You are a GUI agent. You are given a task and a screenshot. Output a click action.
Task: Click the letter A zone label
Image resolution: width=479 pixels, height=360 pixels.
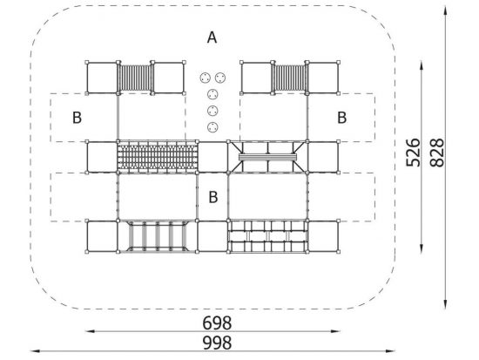pyautogui.click(x=212, y=37)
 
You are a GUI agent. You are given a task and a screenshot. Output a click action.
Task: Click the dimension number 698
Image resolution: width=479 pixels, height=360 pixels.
pyautogui.click(x=217, y=323)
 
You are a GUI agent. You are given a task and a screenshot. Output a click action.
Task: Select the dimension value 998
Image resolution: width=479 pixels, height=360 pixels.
pyautogui.click(x=217, y=343)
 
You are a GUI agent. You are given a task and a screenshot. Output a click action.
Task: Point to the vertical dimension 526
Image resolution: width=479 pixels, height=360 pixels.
pyautogui.click(x=413, y=153)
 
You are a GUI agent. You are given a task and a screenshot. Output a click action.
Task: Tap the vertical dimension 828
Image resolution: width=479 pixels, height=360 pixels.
pyautogui.click(x=437, y=153)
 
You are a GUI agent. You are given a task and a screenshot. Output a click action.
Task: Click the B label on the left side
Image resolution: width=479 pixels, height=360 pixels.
pyautogui.click(x=77, y=118)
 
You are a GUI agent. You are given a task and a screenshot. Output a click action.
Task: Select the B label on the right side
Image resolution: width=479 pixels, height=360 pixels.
pyautogui.click(x=342, y=118)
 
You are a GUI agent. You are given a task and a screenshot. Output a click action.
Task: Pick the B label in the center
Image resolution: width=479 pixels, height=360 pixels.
pyautogui.click(x=213, y=197)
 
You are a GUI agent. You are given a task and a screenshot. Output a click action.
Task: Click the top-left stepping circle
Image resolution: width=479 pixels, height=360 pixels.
pyautogui.click(x=206, y=78)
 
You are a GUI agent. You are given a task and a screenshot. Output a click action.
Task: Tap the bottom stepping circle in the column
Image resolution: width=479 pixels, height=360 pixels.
pyautogui.click(x=213, y=127)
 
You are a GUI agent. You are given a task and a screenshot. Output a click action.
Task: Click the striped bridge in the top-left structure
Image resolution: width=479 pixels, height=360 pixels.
pyautogui.click(x=135, y=78)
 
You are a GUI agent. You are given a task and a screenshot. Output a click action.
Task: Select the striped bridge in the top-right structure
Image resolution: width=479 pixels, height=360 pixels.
pyautogui.click(x=290, y=78)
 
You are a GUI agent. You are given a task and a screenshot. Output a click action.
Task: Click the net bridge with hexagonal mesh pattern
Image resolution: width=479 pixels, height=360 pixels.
pyautogui.click(x=158, y=157)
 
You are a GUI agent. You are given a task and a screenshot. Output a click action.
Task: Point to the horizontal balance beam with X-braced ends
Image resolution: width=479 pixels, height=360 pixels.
pyautogui.click(x=267, y=157)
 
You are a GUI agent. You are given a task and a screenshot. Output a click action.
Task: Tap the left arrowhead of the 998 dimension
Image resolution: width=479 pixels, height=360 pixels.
pyautogui.click(x=35, y=351)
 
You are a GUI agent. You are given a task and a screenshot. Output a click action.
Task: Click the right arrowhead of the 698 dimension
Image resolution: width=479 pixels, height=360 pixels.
pyautogui.click(x=335, y=331)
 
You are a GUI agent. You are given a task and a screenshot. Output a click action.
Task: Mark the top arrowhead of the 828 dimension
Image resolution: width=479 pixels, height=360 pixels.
pyautogui.click(x=446, y=10)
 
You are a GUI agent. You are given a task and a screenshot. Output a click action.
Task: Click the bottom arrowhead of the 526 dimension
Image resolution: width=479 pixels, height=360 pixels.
pyautogui.click(x=422, y=248)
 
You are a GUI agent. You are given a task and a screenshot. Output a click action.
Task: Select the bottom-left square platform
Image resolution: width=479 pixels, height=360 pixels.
pyautogui.click(x=103, y=236)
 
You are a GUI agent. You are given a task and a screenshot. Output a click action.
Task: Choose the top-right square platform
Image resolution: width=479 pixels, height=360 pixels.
pyautogui.click(x=323, y=78)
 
